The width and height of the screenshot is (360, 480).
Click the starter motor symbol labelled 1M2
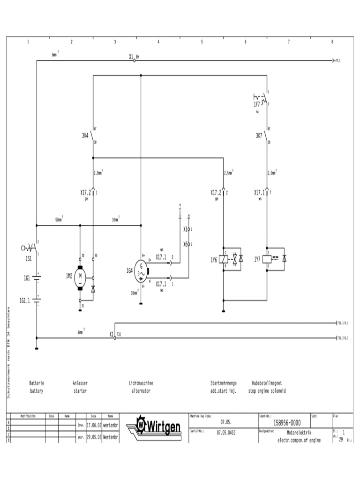point(80,276)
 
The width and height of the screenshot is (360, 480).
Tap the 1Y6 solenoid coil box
point(224,259)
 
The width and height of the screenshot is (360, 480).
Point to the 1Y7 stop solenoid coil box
point(268,259)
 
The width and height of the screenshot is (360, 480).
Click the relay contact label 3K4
point(85,136)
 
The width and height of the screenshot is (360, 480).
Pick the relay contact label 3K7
point(259,136)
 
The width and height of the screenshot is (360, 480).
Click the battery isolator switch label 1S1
point(29,258)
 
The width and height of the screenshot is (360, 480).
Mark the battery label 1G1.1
point(25,301)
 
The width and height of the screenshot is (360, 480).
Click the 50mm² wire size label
point(59,219)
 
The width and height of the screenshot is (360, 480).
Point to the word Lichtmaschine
point(141,383)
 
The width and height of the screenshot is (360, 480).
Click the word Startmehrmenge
point(224,383)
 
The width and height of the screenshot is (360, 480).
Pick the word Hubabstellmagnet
point(267,383)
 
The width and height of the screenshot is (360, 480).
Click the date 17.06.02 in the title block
point(93,426)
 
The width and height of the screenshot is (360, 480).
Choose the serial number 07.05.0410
point(226,433)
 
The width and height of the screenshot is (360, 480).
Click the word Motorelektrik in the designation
point(299,433)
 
